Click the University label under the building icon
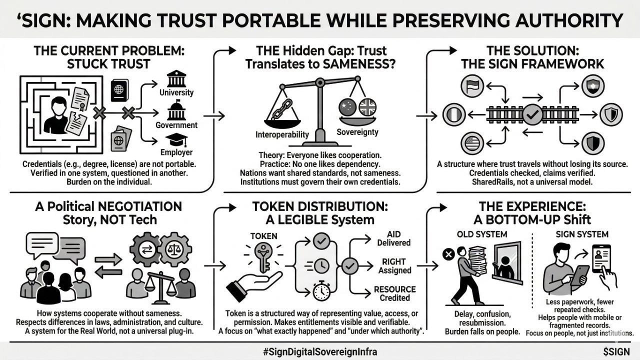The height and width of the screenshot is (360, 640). pos(176,92)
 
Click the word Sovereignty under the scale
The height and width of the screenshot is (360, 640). pos(357,132)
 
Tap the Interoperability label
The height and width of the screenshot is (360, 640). pos(282,134)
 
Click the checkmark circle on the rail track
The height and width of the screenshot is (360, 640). pos(531,114)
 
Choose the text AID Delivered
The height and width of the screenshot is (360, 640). pos(398,238)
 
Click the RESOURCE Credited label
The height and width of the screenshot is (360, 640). pos(395,293)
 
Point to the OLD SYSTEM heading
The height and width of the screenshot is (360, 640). pos(482,234)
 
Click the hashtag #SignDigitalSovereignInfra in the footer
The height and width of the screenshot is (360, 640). pos(320,351)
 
